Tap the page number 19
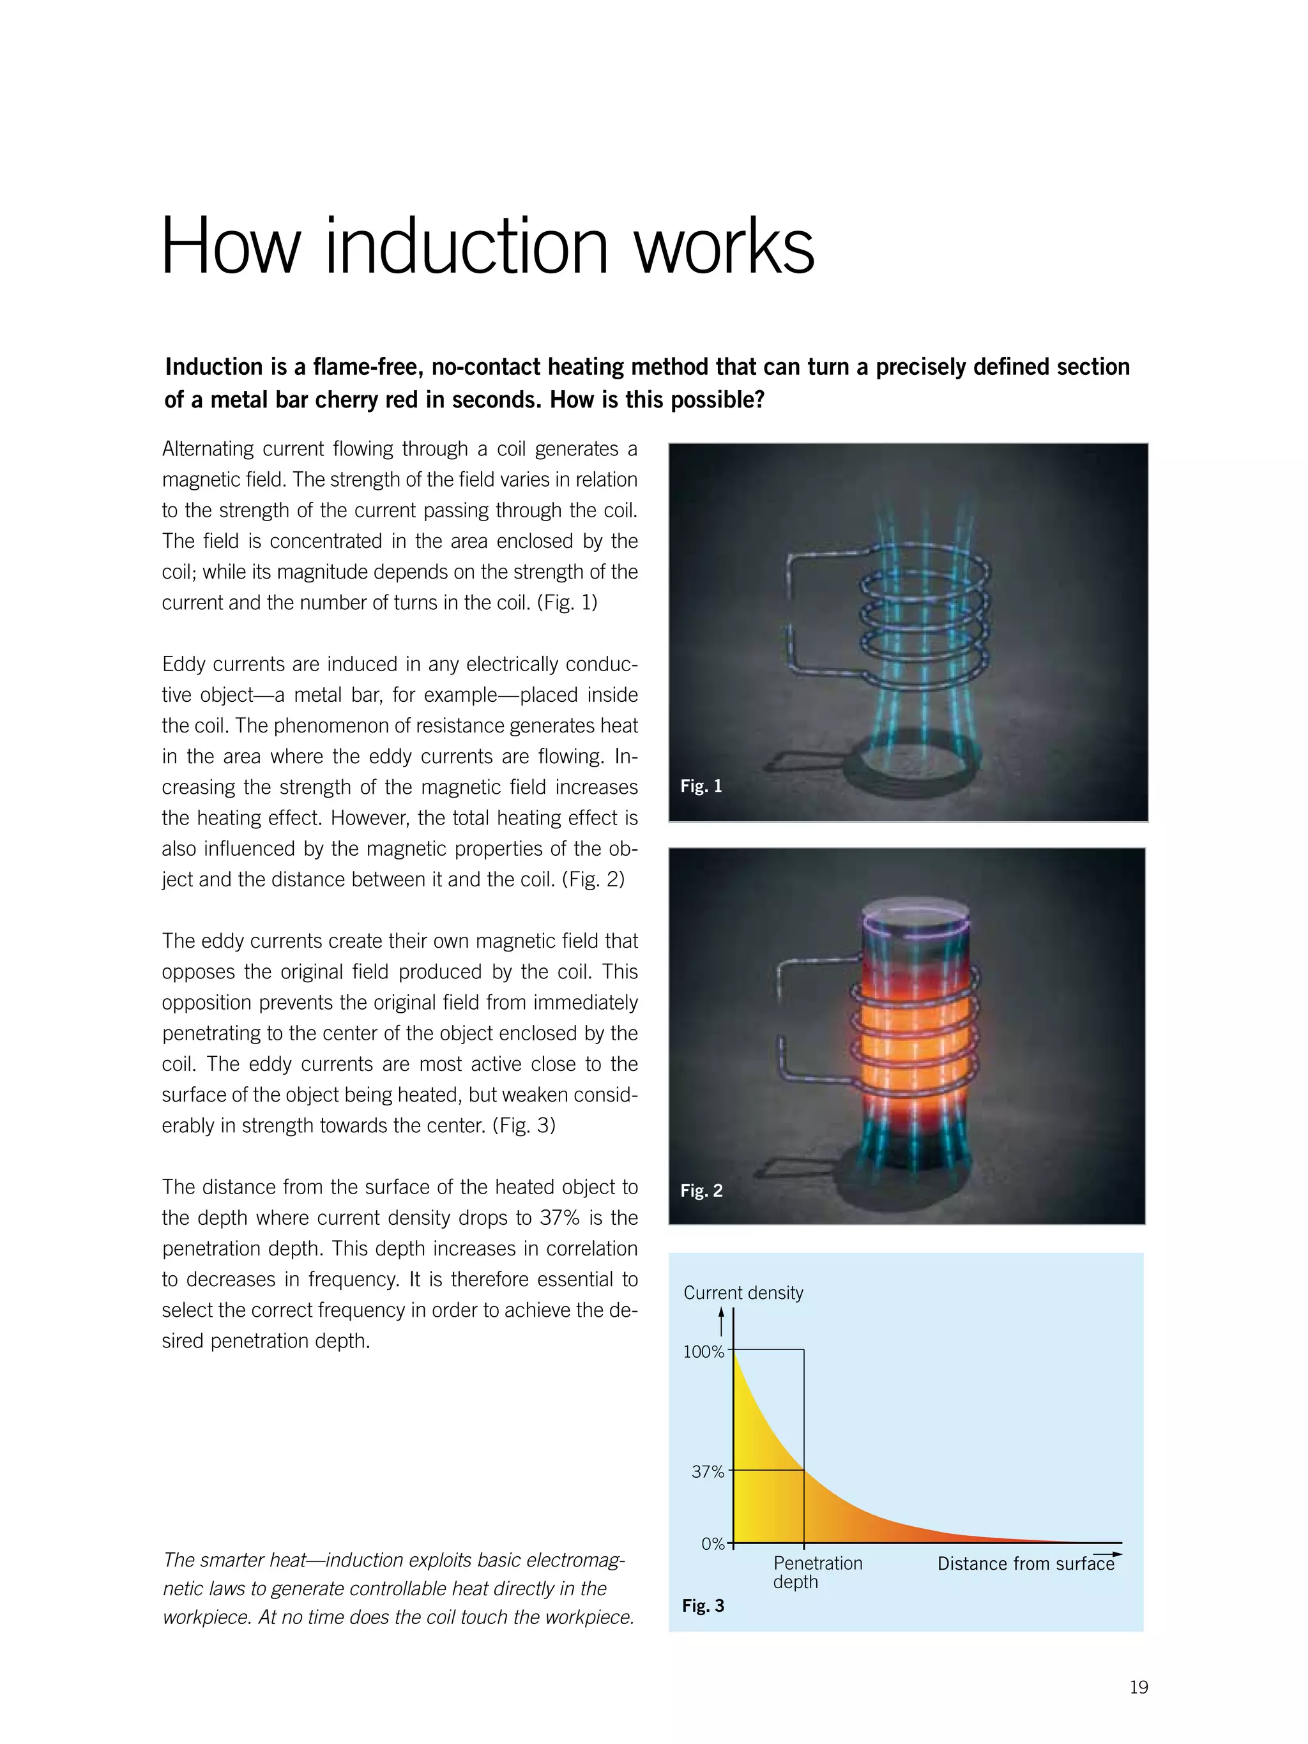coord(1137,1687)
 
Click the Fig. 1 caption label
coord(700,786)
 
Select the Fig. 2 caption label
coord(701,1190)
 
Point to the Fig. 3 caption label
coord(703,1606)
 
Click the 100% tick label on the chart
coord(703,1352)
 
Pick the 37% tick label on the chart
coord(707,1472)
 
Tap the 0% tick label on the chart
coord(712,1543)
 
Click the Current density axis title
coord(743,1293)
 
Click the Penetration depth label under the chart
coord(817,1572)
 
